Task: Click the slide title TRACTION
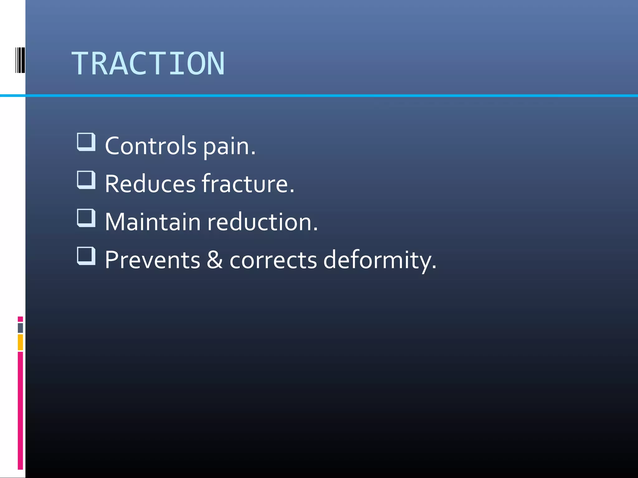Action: click(148, 63)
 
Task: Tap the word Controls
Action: click(151, 146)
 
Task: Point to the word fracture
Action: click(248, 184)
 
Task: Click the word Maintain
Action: click(153, 222)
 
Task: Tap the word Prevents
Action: click(152, 260)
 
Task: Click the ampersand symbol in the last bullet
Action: click(215, 260)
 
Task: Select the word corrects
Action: click(273, 260)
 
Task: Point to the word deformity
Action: click(380, 260)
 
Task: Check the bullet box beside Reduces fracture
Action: click(86, 180)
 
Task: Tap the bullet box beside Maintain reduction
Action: click(86, 218)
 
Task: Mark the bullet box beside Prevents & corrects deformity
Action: click(86, 256)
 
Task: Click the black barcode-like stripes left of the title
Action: click(20, 60)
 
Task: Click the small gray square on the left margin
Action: click(20, 328)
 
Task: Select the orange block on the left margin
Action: click(20, 342)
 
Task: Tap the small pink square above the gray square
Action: click(20, 319)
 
